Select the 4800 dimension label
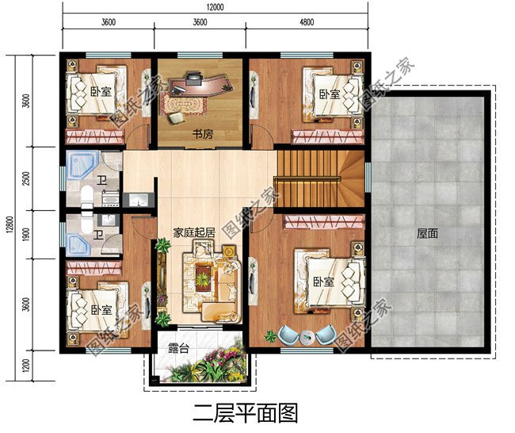click(x=307, y=22)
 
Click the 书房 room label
click(x=200, y=134)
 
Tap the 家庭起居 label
click(x=195, y=234)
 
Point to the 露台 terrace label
click(x=177, y=347)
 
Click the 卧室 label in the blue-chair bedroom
click(x=321, y=282)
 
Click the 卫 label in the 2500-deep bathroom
click(x=102, y=179)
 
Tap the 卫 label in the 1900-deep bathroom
click(x=97, y=235)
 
